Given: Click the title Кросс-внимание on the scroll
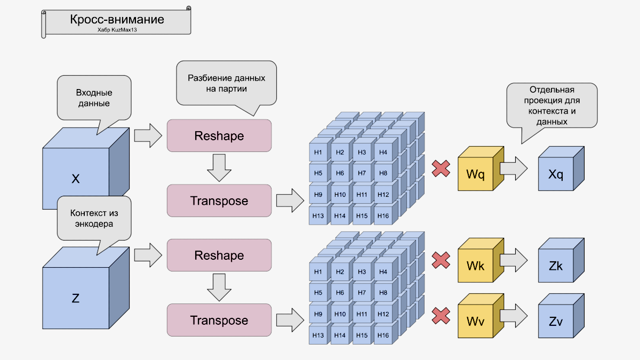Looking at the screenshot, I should click(x=117, y=20).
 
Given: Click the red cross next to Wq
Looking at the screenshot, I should click(x=441, y=169).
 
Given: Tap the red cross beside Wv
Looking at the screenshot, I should click(x=441, y=316).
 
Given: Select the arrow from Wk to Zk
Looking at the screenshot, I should click(x=514, y=260).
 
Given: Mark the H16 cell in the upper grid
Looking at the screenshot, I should click(x=383, y=216).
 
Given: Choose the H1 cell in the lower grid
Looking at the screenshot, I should click(x=318, y=272).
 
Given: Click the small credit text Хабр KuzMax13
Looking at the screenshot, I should click(x=117, y=30).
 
